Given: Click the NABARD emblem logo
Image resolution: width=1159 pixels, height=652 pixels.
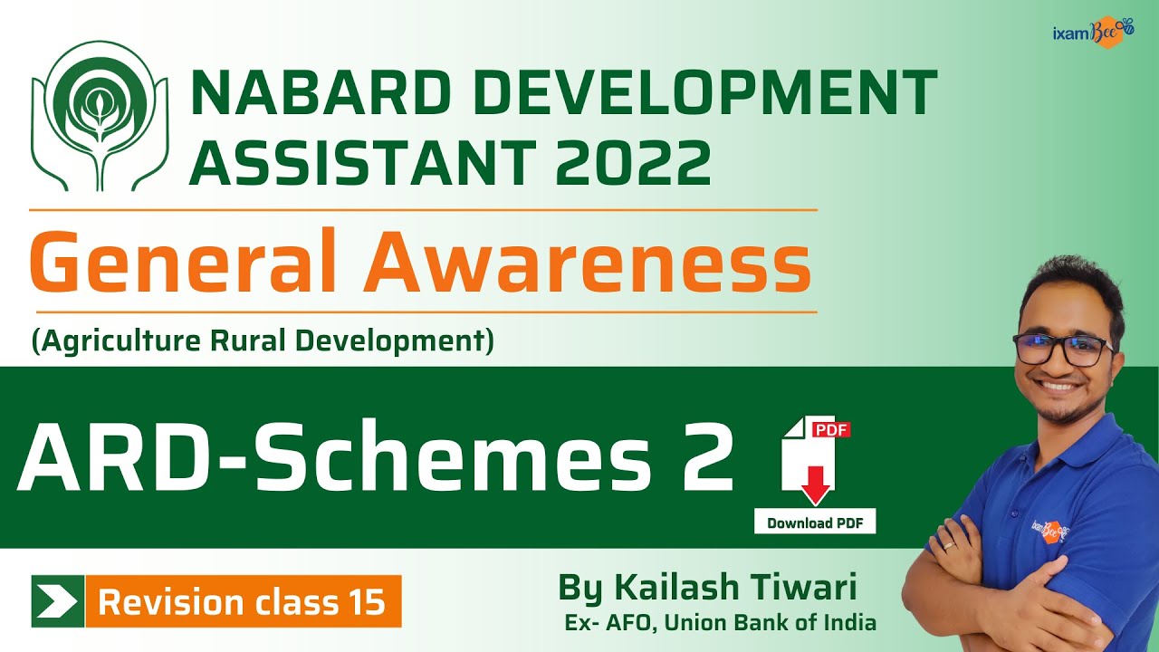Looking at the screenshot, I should pyautogui.click(x=108, y=115).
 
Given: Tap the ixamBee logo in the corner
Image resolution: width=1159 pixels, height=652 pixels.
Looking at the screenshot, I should pyautogui.click(x=1092, y=33).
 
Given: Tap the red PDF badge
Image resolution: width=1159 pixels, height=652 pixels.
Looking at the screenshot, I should pyautogui.click(x=830, y=429).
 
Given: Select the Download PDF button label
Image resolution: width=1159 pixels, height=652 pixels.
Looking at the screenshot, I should pyautogui.click(x=814, y=523).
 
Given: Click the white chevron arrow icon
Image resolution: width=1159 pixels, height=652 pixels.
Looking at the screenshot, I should pyautogui.click(x=57, y=601).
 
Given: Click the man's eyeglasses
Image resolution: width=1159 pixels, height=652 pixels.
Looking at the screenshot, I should pyautogui.click(x=1062, y=348).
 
